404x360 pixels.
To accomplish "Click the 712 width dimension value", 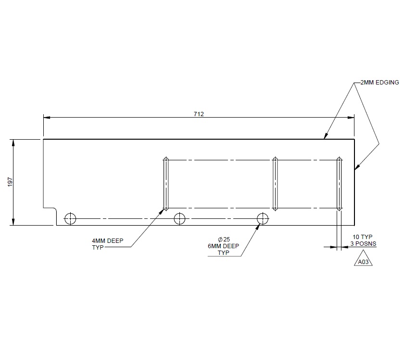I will (x=199, y=114).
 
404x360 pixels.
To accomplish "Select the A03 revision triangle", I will (x=363, y=262).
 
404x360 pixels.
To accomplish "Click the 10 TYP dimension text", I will (x=363, y=237).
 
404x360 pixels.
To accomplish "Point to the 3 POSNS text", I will (x=363, y=243).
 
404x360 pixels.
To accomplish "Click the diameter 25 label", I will (x=224, y=239).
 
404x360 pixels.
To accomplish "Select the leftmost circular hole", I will (x=70, y=218).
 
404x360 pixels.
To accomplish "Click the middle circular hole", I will (x=179, y=218).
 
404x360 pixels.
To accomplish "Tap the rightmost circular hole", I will (x=263, y=218).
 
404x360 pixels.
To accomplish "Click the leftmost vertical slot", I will (x=165, y=184).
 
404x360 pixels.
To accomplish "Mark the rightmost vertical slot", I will (x=339, y=184).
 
